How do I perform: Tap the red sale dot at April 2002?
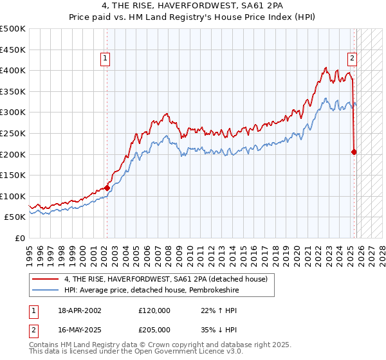[107, 188]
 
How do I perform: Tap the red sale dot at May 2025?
[354, 152]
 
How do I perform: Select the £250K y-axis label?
[13, 133]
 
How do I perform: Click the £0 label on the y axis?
[20, 238]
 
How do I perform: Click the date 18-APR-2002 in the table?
[78, 310]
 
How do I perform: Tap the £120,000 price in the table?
[154, 310]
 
